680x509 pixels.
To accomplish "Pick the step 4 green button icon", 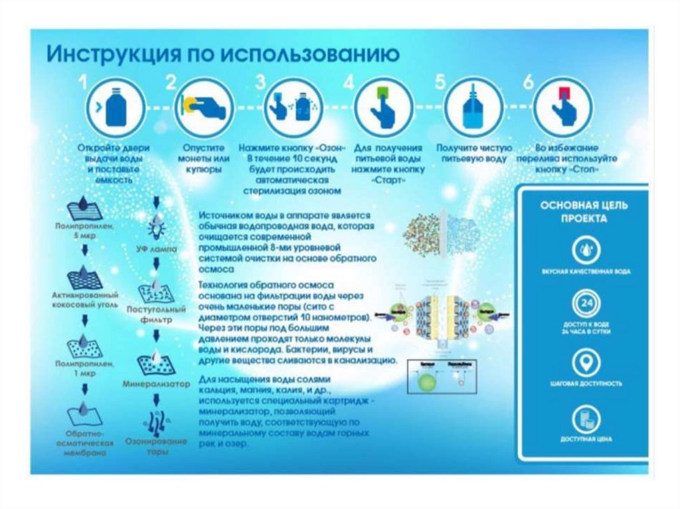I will [381, 106].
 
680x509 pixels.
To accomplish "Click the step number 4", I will [349, 83].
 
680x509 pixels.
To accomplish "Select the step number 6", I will [529, 83].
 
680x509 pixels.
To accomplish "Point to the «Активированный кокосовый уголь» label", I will [85, 299].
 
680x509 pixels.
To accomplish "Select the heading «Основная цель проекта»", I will [583, 212].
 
